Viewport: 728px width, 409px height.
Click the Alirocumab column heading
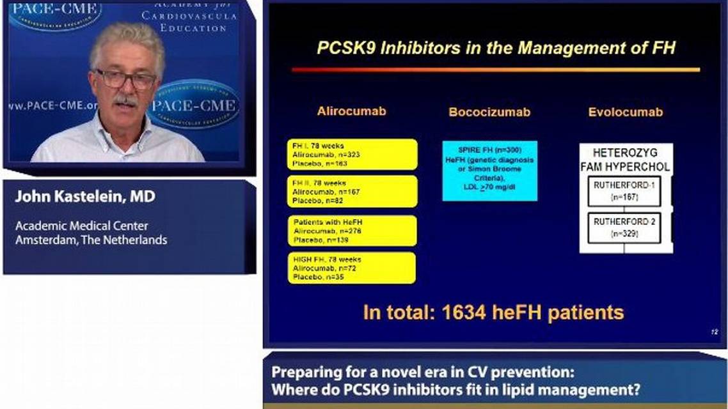pyautogui.click(x=351, y=111)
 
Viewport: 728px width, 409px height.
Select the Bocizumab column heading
pyautogui.click(x=489, y=112)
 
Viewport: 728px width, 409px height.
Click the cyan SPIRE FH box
pyautogui.click(x=489, y=171)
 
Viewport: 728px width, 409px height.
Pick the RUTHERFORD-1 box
pyautogui.click(x=624, y=192)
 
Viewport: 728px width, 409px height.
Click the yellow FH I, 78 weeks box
pyautogui.click(x=352, y=155)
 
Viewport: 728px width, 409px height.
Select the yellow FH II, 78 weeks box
pyautogui.click(x=352, y=191)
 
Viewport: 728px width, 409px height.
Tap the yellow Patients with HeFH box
pyautogui.click(x=352, y=231)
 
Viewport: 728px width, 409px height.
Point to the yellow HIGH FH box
pyautogui.click(x=352, y=268)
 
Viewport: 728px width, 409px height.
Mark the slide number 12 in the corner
pyautogui.click(x=715, y=332)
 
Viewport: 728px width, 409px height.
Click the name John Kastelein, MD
pyautogui.click(x=85, y=197)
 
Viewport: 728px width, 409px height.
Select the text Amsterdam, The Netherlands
pyautogui.click(x=91, y=240)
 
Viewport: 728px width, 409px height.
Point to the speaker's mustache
pyautogui.click(x=125, y=100)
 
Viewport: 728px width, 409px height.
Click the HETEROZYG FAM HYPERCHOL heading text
pyautogui.click(x=625, y=160)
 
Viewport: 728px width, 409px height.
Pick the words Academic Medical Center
pyautogui.click(x=82, y=226)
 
